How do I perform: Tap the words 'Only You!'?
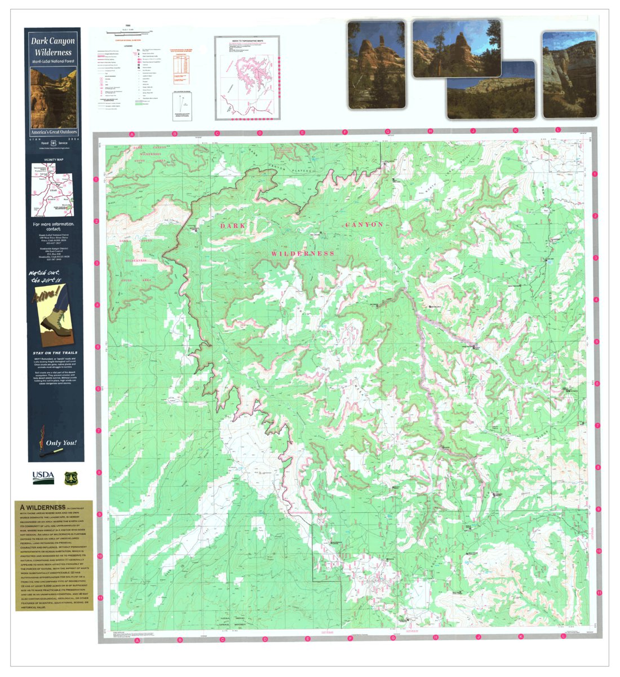pyautogui.click(x=62, y=443)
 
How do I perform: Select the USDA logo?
pyautogui.click(x=43, y=477)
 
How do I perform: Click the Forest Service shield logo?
pyautogui.click(x=70, y=477)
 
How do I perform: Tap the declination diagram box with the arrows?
pyautogui.click(x=182, y=106)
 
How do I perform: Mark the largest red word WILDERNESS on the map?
pyautogui.click(x=303, y=254)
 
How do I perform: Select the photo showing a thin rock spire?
pyautogui.click(x=376, y=64)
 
